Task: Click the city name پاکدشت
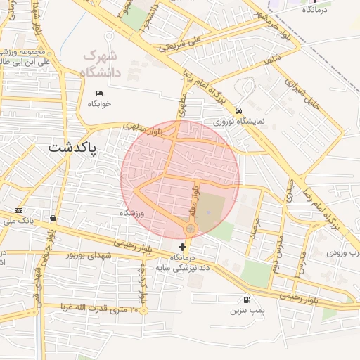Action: click(74, 148)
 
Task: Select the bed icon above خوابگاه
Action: click(99, 93)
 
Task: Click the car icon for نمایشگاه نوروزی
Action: click(239, 110)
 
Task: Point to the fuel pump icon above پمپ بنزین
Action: click(245, 299)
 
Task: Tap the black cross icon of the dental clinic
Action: click(183, 247)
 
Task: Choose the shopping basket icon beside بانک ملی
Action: click(55, 218)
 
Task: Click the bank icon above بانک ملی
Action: click(18, 210)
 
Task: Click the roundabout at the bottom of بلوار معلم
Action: click(191, 229)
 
